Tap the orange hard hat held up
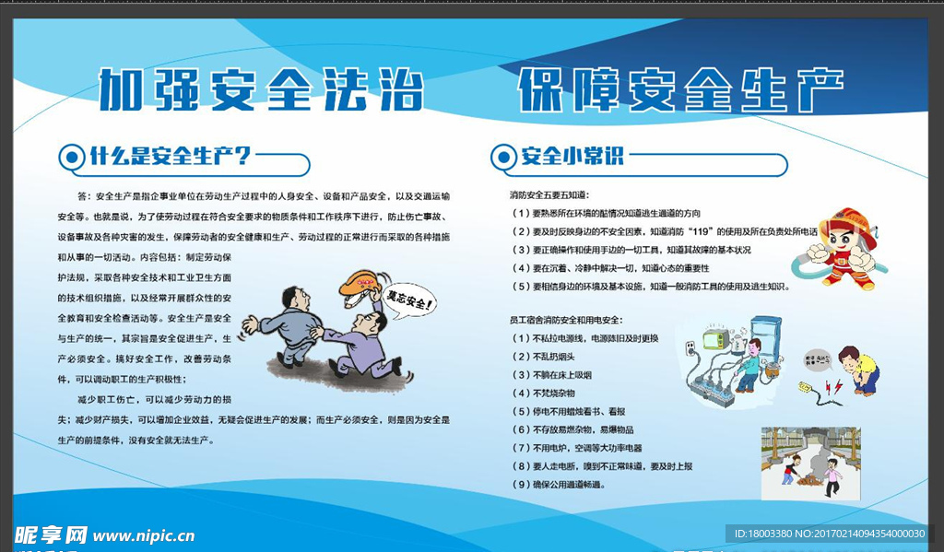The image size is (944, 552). [x=360, y=282]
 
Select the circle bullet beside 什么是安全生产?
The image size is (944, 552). [x=70, y=157]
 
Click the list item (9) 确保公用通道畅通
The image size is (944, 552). [x=559, y=484]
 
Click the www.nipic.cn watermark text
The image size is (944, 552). [x=143, y=535]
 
